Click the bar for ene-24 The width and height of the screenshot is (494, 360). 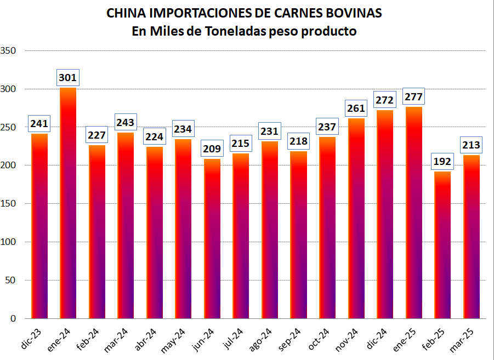pyautogui.click(x=68, y=203)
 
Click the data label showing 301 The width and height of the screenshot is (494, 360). pyautogui.click(x=67, y=78)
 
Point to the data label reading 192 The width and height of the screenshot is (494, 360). pyautogui.click(x=442, y=162)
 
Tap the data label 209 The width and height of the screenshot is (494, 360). pyautogui.click(x=212, y=148)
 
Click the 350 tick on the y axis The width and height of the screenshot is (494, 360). pyautogui.click(x=9, y=51)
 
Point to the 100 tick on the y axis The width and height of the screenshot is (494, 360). pyautogui.click(x=9, y=242)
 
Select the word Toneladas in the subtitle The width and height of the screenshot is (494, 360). pyautogui.click(x=236, y=31)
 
